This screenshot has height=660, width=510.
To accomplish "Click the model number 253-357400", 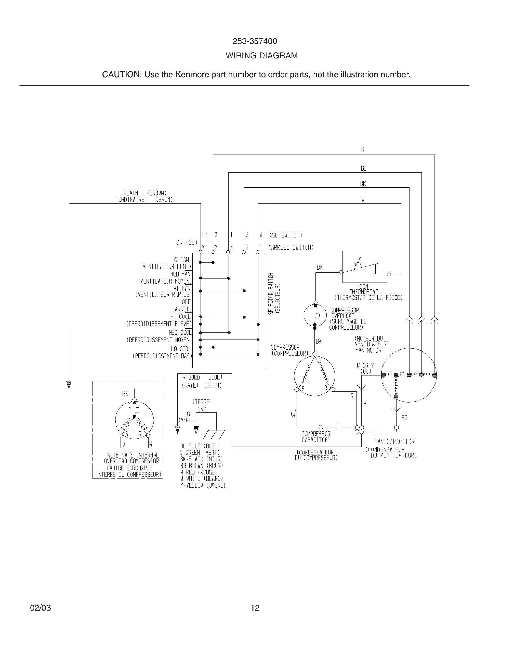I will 255,41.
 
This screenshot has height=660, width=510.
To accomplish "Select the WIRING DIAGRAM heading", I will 262,56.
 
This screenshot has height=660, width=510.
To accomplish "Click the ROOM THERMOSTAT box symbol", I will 365,267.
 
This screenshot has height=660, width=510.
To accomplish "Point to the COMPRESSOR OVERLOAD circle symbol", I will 315,316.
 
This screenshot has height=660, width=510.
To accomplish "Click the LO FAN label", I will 180,260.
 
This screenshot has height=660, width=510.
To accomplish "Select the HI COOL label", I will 180,316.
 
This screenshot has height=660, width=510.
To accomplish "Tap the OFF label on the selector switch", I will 186,302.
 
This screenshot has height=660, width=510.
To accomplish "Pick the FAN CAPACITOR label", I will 394,442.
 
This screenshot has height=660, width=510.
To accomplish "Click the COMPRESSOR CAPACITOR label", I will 316,437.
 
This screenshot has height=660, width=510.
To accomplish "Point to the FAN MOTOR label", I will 368,351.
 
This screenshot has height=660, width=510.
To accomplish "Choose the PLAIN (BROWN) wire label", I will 145,193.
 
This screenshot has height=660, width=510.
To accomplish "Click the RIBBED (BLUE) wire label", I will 202,377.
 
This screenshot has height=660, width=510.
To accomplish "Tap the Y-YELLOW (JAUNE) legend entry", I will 203,485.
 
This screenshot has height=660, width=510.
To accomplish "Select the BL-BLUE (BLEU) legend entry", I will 200,446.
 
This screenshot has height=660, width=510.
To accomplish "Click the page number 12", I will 255,608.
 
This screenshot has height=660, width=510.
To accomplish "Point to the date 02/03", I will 40,608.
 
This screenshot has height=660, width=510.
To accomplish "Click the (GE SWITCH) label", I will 286,235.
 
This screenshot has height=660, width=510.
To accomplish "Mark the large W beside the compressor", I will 293,414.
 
